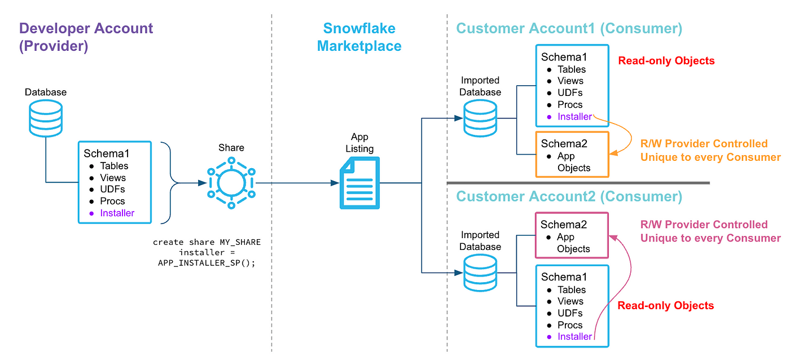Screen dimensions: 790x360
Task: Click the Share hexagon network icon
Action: click(231, 183)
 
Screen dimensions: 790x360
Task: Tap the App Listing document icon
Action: click(359, 183)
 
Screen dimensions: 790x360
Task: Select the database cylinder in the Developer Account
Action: click(46, 118)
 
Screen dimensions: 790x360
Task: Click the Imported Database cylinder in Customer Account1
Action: click(480, 118)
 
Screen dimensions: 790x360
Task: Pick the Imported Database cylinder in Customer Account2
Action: click(480, 273)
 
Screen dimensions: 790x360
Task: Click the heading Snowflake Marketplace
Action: click(359, 37)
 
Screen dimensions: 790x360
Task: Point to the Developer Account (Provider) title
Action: click(86, 37)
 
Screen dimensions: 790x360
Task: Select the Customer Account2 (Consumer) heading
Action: click(569, 196)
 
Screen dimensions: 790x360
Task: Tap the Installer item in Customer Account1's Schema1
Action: click(574, 116)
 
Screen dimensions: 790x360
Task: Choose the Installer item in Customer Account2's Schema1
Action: click(574, 336)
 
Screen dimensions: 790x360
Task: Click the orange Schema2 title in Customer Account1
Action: click(564, 143)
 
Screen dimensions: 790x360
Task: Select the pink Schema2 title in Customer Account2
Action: click(564, 224)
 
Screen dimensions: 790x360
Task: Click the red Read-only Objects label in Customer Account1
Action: click(666, 60)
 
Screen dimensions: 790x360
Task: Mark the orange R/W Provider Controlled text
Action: click(704, 143)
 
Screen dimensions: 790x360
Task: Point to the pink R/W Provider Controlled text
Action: click(704, 224)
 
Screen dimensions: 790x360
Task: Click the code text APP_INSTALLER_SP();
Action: click(207, 263)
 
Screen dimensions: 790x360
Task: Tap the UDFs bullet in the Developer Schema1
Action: click(112, 190)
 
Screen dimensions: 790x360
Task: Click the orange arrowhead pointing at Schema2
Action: click(614, 153)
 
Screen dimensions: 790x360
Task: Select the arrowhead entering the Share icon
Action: click(202, 183)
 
